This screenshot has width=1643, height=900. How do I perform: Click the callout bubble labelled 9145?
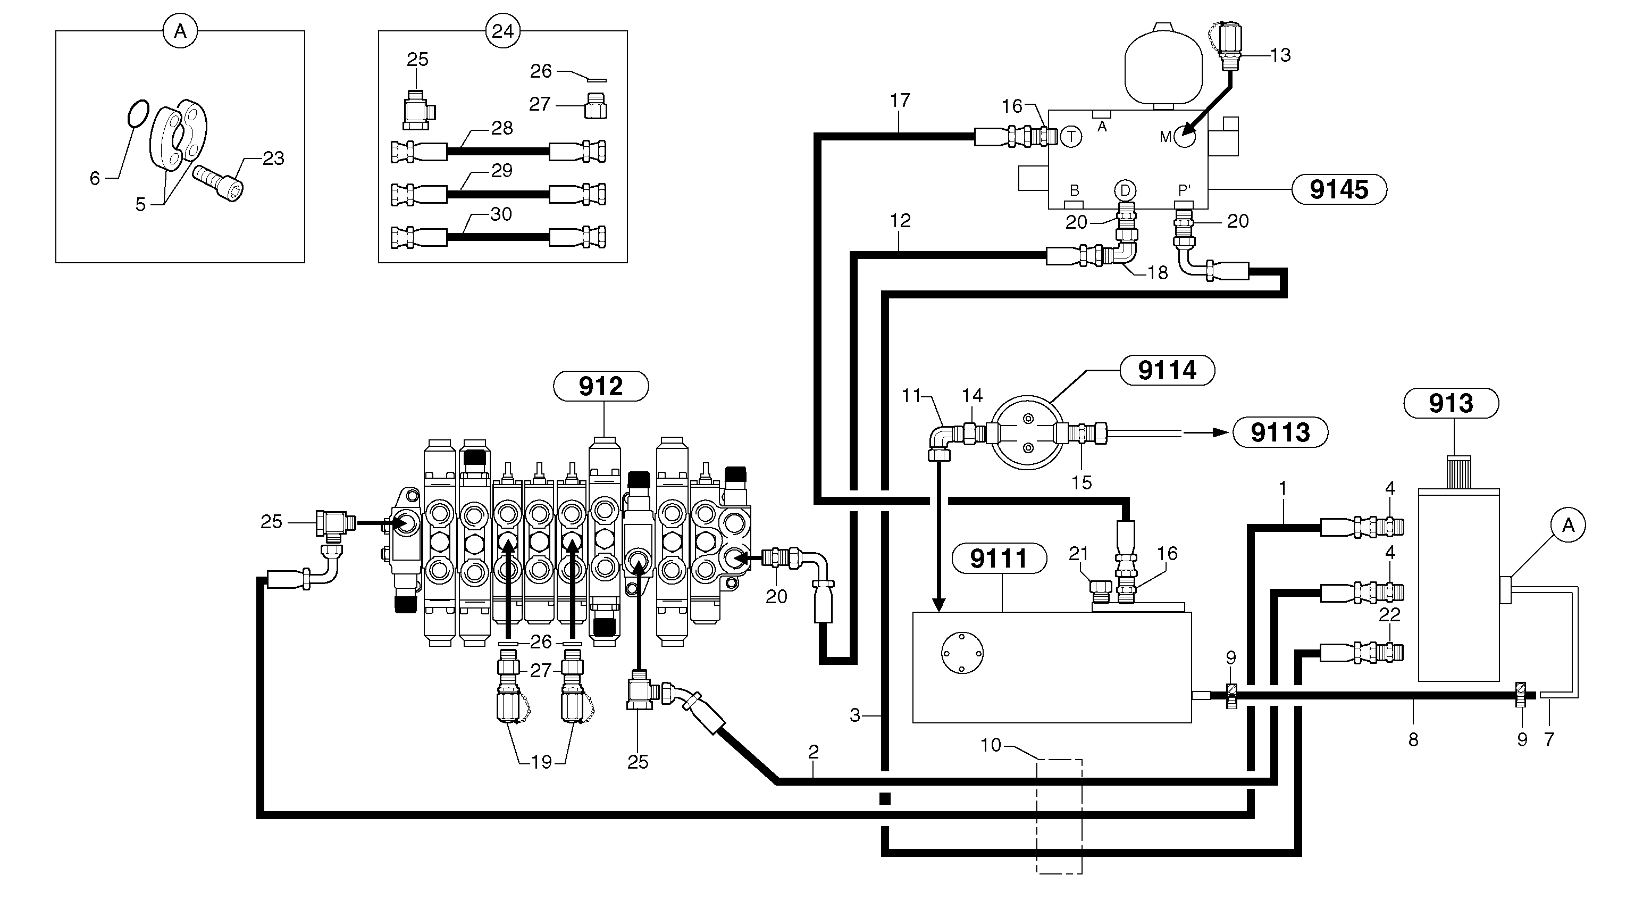[1339, 189]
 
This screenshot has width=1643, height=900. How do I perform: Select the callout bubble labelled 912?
[601, 387]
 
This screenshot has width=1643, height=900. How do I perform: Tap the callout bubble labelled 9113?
[1280, 432]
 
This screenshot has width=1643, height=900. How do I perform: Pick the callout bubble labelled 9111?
[999, 559]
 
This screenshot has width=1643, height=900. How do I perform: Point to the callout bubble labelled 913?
[1451, 403]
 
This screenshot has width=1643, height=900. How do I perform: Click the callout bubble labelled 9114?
[1167, 371]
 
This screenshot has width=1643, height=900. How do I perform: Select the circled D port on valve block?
[1125, 190]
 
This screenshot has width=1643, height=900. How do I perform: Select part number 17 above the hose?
[900, 101]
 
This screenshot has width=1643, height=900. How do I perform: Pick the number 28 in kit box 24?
[502, 128]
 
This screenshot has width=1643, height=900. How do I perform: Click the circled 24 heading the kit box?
[502, 31]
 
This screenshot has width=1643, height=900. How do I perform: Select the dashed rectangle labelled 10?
[1059, 816]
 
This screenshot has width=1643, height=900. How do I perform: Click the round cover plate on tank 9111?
[962, 653]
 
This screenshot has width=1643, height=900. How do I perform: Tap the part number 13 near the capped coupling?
[1280, 55]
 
